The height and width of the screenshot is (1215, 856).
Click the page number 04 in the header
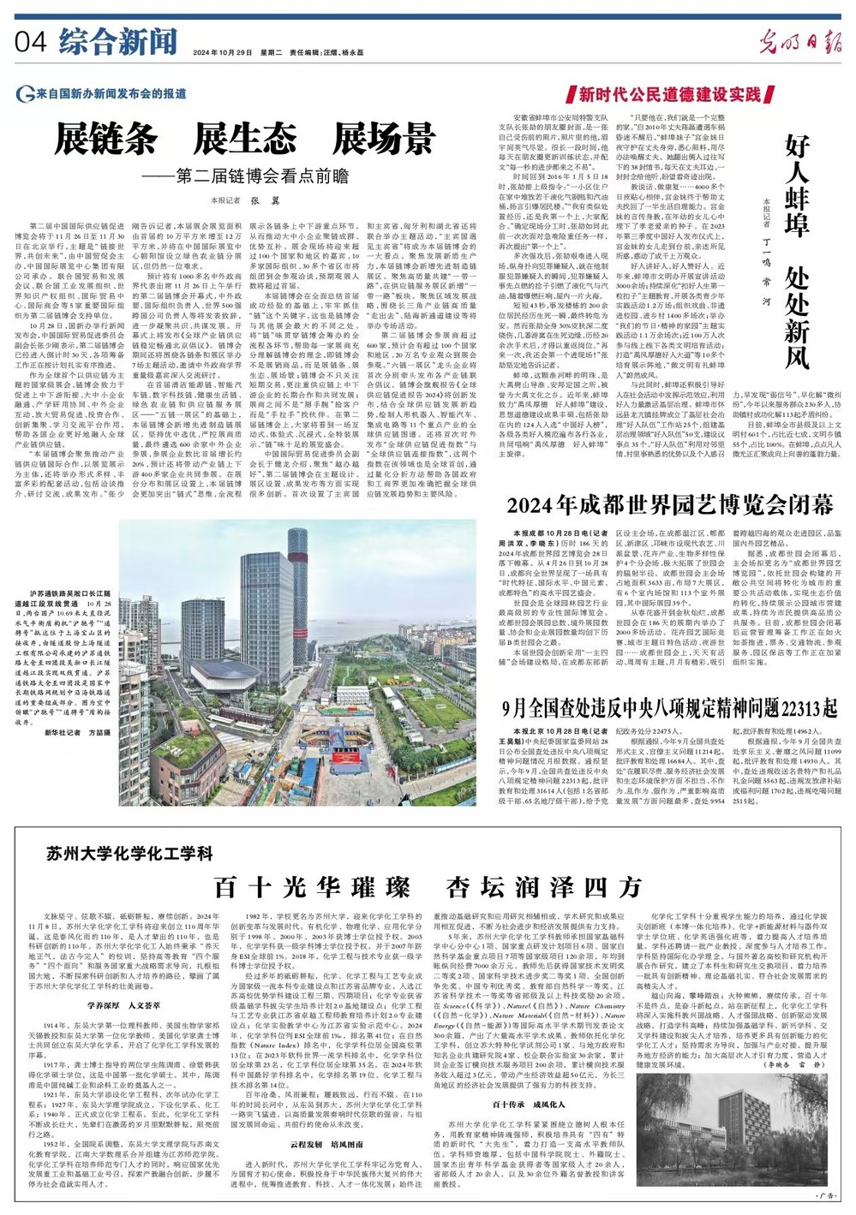pyautogui.click(x=31, y=41)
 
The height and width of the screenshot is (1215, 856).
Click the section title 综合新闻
pyautogui.click(x=118, y=41)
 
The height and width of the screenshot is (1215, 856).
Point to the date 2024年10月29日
pyautogui.click(x=221, y=52)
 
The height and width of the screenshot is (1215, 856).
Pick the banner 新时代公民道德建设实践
pyautogui.click(x=669, y=94)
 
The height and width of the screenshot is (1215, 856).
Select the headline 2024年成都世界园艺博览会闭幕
pyautogui.click(x=669, y=504)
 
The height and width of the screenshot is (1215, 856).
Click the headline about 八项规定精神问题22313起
pyautogui.click(x=669, y=684)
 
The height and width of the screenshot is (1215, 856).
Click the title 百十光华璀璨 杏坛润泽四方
pyautogui.click(x=427, y=887)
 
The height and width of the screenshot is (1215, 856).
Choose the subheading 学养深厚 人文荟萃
pyautogui.click(x=123, y=1006)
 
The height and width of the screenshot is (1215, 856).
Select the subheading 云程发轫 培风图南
pyautogui.click(x=326, y=1144)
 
